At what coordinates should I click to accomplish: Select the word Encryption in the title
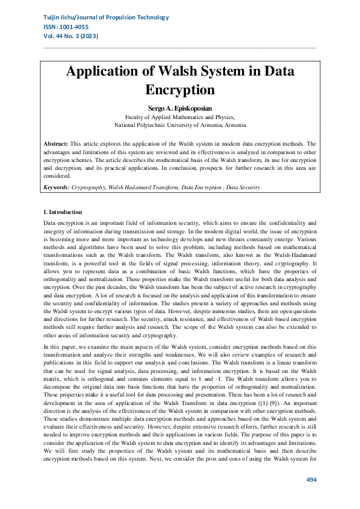180,90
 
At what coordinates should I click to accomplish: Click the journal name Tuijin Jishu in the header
61,18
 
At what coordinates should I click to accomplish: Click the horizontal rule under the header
180,47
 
